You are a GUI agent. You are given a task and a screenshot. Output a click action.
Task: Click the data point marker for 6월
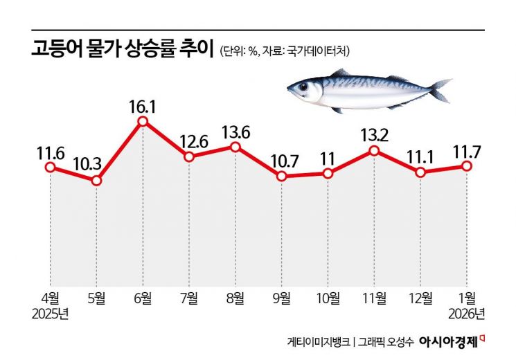(x=143, y=122)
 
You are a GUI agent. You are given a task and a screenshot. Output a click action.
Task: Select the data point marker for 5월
(x=96, y=181)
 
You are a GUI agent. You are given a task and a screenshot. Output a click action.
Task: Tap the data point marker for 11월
(x=374, y=150)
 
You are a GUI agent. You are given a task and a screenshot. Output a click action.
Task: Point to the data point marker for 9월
(x=281, y=177)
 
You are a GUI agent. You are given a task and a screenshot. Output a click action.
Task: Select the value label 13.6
(x=235, y=131)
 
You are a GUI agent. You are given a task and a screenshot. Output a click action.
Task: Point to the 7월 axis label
(x=188, y=298)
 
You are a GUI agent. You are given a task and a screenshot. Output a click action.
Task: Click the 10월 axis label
(x=328, y=298)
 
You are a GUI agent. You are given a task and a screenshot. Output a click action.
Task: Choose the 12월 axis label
(x=420, y=298)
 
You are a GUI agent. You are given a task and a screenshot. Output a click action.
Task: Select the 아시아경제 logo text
(x=447, y=341)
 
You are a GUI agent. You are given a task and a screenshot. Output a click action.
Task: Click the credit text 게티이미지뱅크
(x=318, y=342)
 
